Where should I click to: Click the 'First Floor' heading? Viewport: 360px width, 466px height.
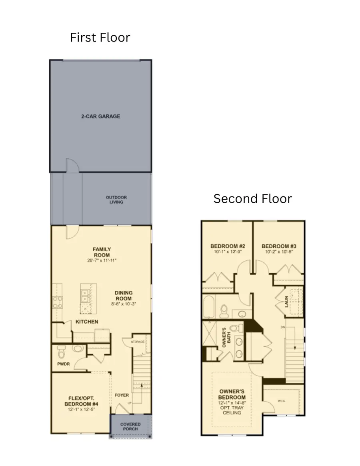[100, 38]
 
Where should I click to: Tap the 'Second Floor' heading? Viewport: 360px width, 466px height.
[252, 198]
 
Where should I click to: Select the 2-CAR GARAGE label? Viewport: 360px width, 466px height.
[101, 116]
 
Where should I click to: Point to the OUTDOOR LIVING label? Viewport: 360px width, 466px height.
[116, 200]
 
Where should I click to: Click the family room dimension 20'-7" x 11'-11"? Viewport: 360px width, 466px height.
[102, 260]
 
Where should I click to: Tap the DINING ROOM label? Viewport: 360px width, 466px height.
[124, 296]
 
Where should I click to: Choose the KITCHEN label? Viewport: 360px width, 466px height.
[87, 322]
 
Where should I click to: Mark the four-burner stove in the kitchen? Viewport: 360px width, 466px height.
[57, 302]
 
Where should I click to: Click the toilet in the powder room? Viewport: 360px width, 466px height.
[61, 352]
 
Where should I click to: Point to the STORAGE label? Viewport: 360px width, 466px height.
[138, 342]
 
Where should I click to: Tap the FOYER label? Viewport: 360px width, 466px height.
[122, 395]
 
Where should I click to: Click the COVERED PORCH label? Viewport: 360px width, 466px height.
[130, 426]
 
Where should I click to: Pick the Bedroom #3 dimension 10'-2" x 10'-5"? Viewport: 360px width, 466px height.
[279, 252]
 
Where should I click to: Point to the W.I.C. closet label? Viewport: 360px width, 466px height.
[282, 401]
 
